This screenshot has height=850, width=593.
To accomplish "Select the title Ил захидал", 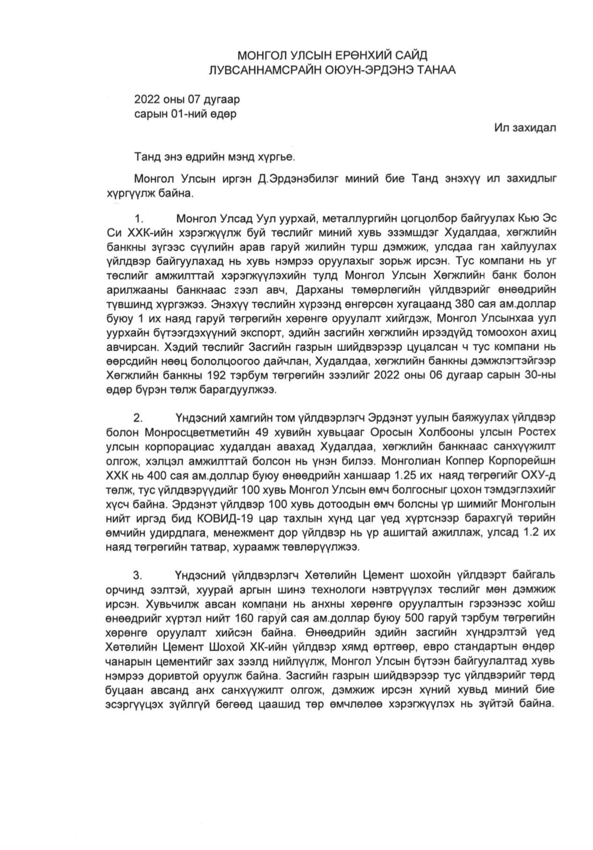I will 525,128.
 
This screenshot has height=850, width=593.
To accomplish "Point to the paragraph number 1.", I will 139,219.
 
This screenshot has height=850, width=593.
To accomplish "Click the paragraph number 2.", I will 139,417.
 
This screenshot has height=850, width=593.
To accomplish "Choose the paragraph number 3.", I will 139,575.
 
